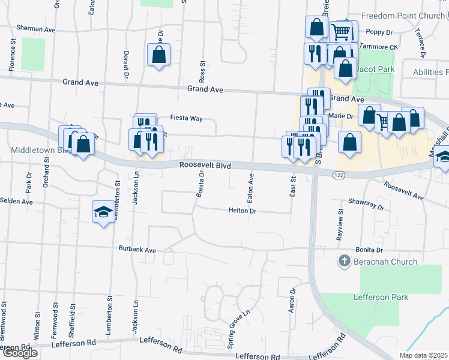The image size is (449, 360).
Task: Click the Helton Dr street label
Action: coord(243,211)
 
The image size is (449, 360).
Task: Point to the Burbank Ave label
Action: coord(137,249)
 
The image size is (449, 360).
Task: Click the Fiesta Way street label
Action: coord(186,118)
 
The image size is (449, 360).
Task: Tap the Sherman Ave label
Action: coord(36,28)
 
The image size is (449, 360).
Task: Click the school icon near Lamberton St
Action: coord(103,212)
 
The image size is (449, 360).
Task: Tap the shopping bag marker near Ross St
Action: coord(158,55)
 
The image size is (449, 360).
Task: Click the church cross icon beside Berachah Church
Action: coord(344,261)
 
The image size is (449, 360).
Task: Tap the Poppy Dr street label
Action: coord(379,32)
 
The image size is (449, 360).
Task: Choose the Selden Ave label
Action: coord(16,201)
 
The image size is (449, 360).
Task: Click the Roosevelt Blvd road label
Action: coord(205,165)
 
